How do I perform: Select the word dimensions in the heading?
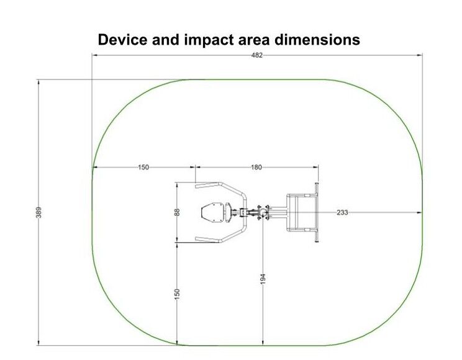317,40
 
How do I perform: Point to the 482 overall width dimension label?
256,55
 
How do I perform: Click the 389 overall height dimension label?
39,212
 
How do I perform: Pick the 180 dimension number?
256,168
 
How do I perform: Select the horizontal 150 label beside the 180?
143,168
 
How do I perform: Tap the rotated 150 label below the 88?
177,294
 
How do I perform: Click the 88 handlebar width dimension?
177,212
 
